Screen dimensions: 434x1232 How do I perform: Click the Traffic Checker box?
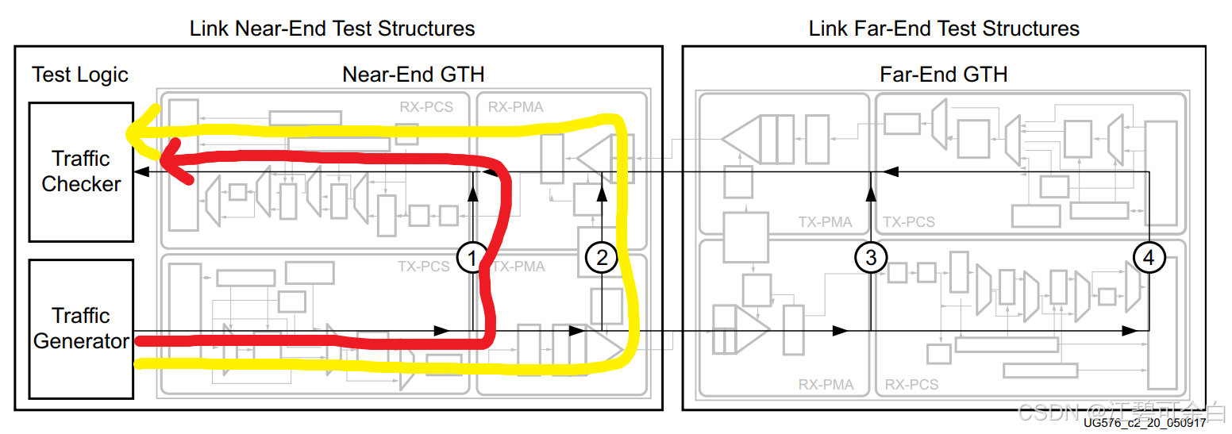pyautogui.click(x=81, y=171)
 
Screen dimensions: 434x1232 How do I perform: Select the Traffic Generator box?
pyautogui.click(x=81, y=328)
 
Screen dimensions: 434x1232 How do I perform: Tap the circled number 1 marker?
pyautogui.click(x=472, y=257)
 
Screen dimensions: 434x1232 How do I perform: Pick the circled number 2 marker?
pyautogui.click(x=601, y=257)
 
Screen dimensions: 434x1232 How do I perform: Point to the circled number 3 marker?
pyautogui.click(x=871, y=257)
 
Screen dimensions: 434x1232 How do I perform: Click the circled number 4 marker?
pyautogui.click(x=1149, y=257)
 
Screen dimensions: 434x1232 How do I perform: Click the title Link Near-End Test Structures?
pyautogui.click(x=332, y=29)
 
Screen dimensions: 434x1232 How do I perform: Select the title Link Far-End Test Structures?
pyautogui.click(x=944, y=29)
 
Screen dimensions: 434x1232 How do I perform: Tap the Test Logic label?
pyautogui.click(x=80, y=75)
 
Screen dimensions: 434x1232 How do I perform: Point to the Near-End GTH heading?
pyautogui.click(x=413, y=75)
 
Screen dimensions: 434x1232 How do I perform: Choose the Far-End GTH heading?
pyautogui.click(x=944, y=75)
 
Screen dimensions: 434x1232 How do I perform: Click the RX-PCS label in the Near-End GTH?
pyautogui.click(x=426, y=106)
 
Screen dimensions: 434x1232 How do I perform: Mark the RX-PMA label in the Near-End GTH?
pyautogui.click(x=516, y=106)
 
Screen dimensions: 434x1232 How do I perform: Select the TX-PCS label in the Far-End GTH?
pyautogui.click(x=909, y=222)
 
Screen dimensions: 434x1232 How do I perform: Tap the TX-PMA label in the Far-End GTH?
pyautogui.click(x=826, y=222)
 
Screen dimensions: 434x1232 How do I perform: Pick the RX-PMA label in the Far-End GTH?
pyautogui.click(x=826, y=385)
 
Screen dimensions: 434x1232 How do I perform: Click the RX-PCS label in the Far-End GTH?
pyautogui.click(x=911, y=385)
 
